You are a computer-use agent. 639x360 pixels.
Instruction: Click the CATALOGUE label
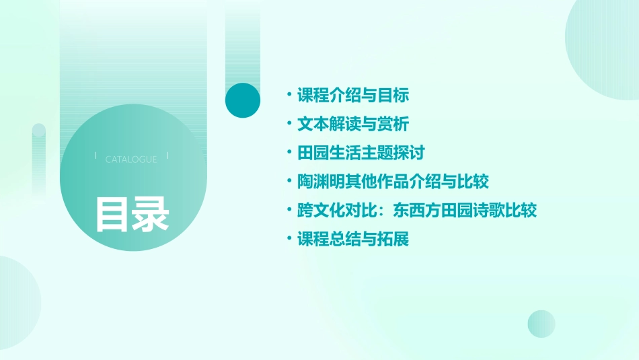131,159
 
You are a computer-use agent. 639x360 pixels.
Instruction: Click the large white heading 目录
132,214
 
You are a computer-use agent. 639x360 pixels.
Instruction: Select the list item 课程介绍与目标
353,96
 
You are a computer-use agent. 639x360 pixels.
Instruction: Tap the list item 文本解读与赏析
353,124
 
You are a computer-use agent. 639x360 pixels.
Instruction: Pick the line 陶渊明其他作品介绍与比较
393,182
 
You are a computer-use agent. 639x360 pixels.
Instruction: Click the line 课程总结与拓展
353,239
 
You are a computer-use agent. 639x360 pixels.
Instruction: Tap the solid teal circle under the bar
242,100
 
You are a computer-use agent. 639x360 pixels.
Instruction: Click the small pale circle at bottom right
541,324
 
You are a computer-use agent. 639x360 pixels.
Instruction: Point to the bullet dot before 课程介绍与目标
289,96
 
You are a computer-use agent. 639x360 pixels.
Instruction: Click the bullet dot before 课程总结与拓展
289,239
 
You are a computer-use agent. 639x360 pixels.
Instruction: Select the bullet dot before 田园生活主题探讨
289,153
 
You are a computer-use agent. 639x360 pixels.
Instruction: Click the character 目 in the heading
112,214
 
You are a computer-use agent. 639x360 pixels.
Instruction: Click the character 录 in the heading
151,214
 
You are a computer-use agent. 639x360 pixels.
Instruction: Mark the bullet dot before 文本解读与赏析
289,124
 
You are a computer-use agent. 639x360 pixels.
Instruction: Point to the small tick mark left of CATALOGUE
96,155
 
